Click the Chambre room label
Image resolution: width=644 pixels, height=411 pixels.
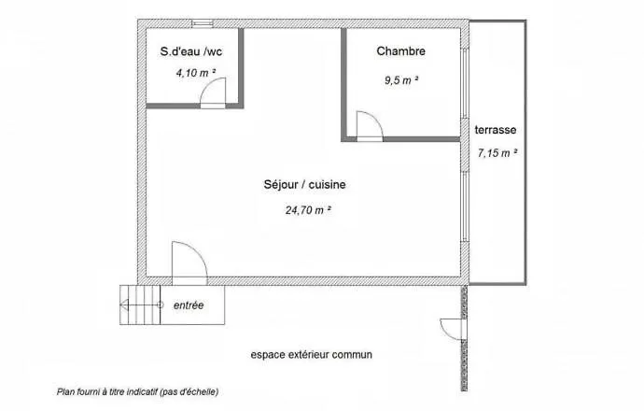coord(400,51)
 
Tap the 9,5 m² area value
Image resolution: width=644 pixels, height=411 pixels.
coord(401,80)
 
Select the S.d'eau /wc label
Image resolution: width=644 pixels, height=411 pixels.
coord(191,51)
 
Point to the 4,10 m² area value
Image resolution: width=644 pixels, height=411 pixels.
coord(196,73)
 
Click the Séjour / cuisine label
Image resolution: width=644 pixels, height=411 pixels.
coord(304,185)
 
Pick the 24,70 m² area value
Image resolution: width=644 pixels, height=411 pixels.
coord(308,210)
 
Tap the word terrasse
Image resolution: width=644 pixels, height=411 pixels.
coord(496,130)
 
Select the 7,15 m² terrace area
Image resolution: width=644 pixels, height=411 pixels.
coord(497,153)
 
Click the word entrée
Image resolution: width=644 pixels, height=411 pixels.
coord(189,305)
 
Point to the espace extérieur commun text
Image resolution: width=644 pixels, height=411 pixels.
coord(312,355)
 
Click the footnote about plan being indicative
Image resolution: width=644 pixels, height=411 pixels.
coord(137,392)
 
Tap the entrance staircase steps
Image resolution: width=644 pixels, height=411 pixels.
coord(140,305)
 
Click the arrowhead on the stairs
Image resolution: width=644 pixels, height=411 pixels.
coord(123,305)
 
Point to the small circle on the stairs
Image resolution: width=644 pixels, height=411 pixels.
coord(161,305)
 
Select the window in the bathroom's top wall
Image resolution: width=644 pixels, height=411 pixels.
coord(203,23)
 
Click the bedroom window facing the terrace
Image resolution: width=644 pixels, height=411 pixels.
coord(465,84)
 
